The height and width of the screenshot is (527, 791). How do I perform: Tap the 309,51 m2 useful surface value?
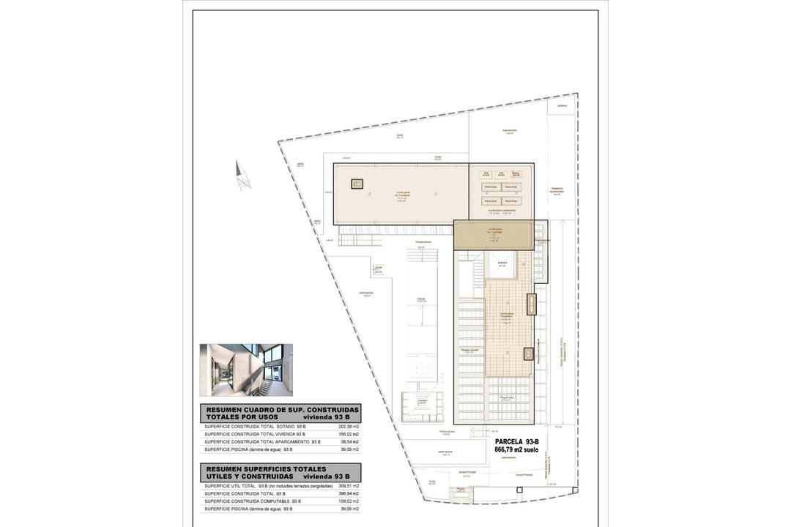pyautogui.click(x=349, y=485)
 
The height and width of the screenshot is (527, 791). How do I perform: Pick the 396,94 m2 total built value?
pyautogui.click(x=349, y=493)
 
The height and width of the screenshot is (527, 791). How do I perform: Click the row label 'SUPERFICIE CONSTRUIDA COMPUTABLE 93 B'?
pyautogui.click(x=253, y=501)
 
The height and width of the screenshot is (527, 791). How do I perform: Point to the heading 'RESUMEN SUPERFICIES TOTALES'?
pyautogui.click(x=266, y=468)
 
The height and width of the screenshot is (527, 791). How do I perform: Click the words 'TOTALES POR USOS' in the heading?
pyautogui.click(x=241, y=416)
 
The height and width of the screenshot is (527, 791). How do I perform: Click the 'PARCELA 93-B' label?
pyautogui.click(x=516, y=441)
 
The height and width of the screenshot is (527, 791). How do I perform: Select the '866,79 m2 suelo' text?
pyautogui.click(x=516, y=449)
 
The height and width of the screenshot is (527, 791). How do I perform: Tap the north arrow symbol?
pyautogui.click(x=243, y=175)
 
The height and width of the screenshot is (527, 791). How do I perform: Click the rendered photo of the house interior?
pyautogui.click(x=246, y=370)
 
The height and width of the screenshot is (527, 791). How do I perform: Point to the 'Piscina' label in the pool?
pyautogui.click(x=421, y=299)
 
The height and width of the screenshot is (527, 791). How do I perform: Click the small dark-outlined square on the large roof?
pyautogui.click(x=357, y=184)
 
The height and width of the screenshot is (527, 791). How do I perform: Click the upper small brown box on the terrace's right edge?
pyautogui.click(x=531, y=303)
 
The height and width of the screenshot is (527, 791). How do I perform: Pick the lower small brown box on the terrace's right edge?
pyautogui.click(x=529, y=354)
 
